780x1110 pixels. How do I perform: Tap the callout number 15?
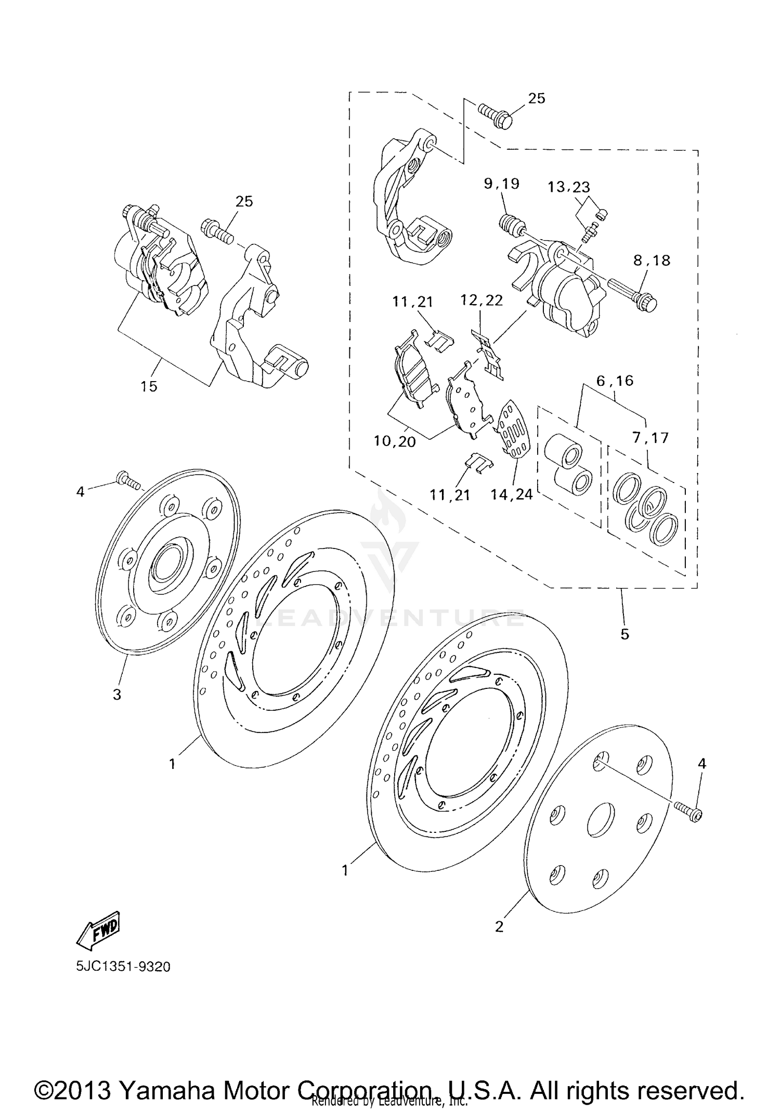149,386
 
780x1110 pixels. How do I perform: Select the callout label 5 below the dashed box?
625,634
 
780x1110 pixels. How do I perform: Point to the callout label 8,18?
652,260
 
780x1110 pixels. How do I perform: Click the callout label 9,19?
501,184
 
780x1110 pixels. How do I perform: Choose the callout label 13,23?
568,187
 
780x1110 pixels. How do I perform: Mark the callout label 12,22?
482,301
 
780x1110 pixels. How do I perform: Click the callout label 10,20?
395,441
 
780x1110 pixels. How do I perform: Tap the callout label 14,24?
512,494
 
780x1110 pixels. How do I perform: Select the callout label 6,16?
615,381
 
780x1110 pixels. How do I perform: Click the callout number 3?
117,694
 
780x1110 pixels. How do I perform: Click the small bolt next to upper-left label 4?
129,480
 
